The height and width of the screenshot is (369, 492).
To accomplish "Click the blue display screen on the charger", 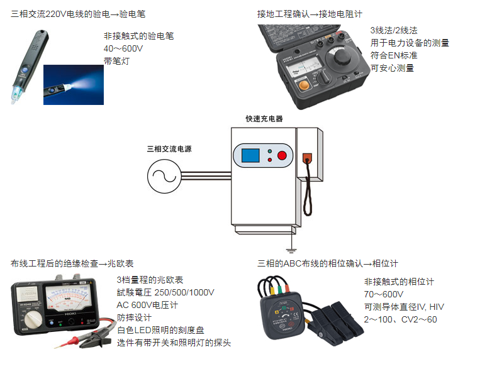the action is point(250,155).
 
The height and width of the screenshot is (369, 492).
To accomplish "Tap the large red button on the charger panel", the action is point(282,155).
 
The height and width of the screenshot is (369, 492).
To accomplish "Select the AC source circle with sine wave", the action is point(164,176).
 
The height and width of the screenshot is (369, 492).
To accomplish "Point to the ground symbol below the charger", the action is point(291,250).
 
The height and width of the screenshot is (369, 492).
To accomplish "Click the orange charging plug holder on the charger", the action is point(307,158).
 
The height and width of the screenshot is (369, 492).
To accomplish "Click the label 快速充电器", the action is point(264,119).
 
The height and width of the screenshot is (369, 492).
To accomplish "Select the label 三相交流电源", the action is point(169,149).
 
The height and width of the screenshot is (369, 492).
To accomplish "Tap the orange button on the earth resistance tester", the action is point(303,85).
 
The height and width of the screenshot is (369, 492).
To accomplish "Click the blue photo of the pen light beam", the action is point(74,85).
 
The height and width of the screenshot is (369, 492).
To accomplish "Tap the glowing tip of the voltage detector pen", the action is point(16,95).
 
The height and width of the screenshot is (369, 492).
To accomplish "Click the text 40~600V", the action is point(123,48).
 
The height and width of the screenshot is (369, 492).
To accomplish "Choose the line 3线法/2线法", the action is point(394,30).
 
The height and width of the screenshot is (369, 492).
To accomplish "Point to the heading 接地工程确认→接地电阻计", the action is point(310,14).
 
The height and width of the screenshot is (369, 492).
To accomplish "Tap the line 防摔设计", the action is point(134,317).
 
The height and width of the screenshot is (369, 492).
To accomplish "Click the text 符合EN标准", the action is point(394,55).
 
